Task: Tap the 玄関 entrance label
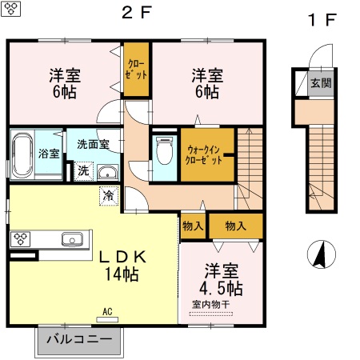(x=321, y=83)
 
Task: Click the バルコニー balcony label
(x=79, y=340)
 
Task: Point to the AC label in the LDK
(x=106, y=312)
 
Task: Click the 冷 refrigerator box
(x=107, y=194)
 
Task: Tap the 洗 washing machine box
(x=83, y=170)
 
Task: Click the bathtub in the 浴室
(x=22, y=154)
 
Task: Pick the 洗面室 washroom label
(x=98, y=144)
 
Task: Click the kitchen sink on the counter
(x=72, y=238)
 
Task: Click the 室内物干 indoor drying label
(x=210, y=305)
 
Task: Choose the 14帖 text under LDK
(x=121, y=274)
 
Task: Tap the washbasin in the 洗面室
(x=107, y=171)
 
